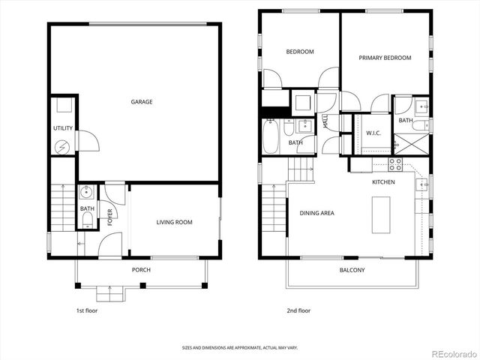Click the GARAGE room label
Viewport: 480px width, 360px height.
click(142, 102)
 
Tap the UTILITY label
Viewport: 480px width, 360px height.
click(63, 128)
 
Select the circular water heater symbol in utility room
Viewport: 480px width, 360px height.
click(64, 146)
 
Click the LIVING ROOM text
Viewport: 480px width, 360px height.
click(174, 222)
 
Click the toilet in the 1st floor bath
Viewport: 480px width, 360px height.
click(87, 219)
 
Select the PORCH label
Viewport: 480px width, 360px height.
click(141, 270)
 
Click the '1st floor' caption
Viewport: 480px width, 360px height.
click(88, 310)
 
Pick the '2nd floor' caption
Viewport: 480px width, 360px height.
click(299, 310)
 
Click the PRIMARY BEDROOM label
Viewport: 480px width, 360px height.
click(384, 58)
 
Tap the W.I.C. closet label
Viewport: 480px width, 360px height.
click(374, 133)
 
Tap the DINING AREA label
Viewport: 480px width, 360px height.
click(316, 213)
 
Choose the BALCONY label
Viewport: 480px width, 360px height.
click(352, 270)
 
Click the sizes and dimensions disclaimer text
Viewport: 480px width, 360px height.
click(239, 347)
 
